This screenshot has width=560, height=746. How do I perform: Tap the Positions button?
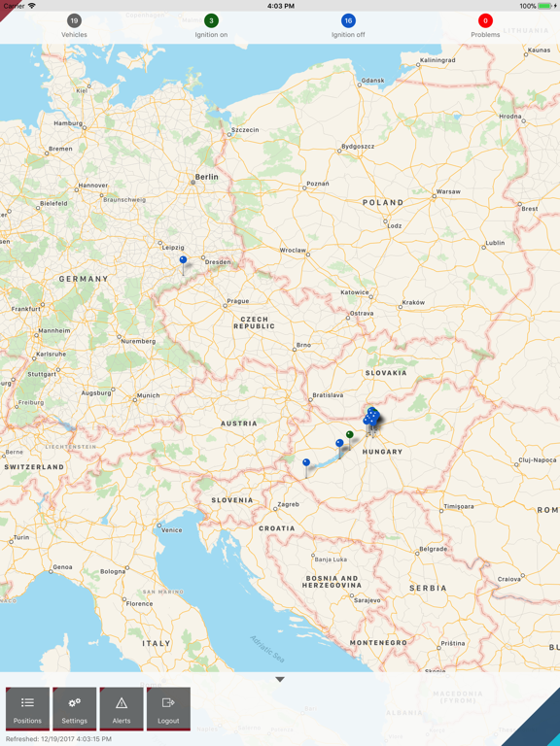coord(27,708)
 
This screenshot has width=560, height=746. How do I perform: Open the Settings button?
coord(75,708)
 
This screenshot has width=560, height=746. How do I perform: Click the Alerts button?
coord(122,708)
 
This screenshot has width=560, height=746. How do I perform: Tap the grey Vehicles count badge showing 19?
coord(74,20)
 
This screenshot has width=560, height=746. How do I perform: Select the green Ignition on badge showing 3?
coord(211,20)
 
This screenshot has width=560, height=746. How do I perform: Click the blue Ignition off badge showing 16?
coord(348,20)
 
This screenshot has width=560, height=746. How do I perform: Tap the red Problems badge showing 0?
coord(485,20)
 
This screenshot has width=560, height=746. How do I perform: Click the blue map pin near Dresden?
coord(183,260)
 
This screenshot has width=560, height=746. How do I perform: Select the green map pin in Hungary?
coord(350,435)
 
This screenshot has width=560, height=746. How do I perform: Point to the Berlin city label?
coord(207,177)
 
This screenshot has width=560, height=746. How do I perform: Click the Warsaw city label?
coord(448,191)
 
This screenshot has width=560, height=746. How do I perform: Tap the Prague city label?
coord(238,301)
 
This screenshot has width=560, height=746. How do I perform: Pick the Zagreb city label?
coord(289,504)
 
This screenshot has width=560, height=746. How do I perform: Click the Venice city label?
coord(172,529)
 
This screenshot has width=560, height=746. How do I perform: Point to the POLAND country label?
coord(383,203)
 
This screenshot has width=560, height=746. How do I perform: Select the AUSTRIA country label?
coord(239,424)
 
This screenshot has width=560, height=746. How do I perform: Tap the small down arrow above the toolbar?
coord(280,679)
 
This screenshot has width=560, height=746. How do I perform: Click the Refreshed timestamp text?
coord(58,739)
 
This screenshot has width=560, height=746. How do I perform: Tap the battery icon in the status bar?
coord(544,6)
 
